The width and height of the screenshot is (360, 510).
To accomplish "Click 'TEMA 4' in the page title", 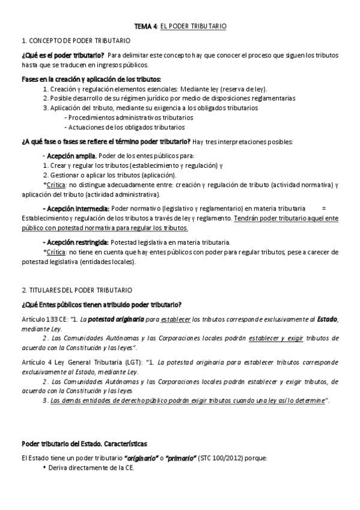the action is point(145,27).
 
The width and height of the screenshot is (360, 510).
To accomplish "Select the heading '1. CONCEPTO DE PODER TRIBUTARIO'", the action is point(75,40).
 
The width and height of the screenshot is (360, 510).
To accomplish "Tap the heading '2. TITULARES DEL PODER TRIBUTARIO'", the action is point(77,289).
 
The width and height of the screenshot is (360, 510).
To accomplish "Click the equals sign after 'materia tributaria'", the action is point(324,207).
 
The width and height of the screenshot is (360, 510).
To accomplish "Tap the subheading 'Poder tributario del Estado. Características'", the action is point(84,444).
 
